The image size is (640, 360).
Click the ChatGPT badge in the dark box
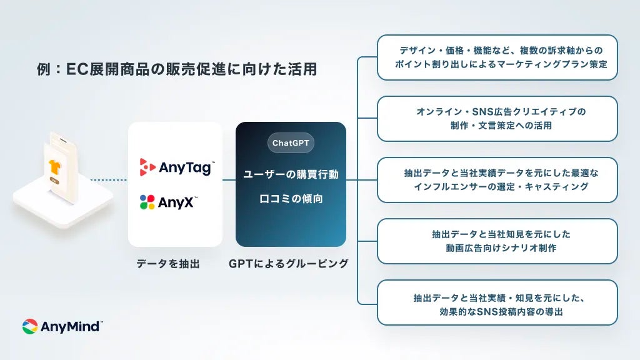tap(291, 143)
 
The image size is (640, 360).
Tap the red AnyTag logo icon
tap(147, 167)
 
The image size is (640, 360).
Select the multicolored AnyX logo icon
tap(147, 202)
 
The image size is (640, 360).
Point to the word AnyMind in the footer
tap(71, 326)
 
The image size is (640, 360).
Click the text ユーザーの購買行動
tap(291, 174)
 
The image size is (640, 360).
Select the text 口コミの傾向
tap(291, 199)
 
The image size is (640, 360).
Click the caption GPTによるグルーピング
tap(289, 264)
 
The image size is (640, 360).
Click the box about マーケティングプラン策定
tap(497, 57)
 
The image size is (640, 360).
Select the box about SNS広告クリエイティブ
tap(497, 119)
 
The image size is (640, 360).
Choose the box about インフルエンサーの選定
tap(497, 180)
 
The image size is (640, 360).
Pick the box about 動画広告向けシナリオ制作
tap(497, 241)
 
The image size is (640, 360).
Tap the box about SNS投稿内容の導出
tap(497, 302)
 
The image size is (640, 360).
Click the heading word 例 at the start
tap(44, 69)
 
